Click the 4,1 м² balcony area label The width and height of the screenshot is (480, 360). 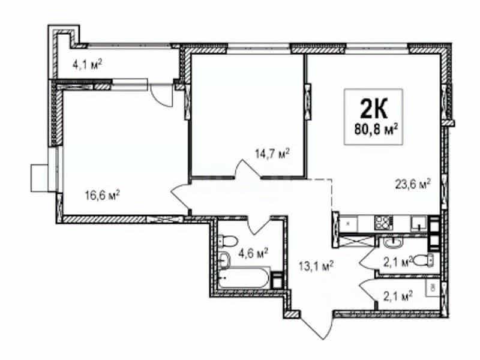[x=87, y=65]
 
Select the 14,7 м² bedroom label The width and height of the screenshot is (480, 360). [x=272, y=153]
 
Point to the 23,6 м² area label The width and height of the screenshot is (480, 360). [x=413, y=184]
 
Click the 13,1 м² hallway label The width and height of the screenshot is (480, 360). [x=316, y=266]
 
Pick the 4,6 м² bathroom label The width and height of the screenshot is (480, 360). [x=253, y=253]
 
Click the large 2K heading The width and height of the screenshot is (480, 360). [x=373, y=109]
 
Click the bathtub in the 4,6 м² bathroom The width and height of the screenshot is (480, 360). [x=244, y=278]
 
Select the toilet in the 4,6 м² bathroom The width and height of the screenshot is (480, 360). [x=228, y=241]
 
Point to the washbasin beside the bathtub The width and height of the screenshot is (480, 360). [x=224, y=260]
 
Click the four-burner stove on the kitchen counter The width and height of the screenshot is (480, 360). [x=383, y=223]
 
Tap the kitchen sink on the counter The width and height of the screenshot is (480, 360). [x=419, y=223]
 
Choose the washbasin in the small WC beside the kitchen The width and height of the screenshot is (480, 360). [x=394, y=244]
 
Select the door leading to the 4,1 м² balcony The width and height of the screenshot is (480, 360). [x=161, y=95]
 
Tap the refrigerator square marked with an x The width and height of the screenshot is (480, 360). [x=348, y=223]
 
